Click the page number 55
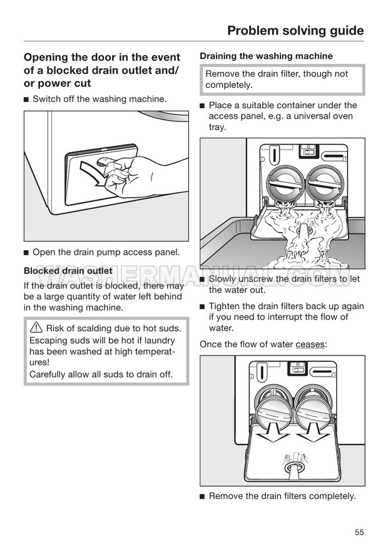[x=359, y=532]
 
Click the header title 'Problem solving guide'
[x=295, y=30]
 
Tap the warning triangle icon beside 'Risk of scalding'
[x=36, y=328]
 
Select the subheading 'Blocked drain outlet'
[x=68, y=271]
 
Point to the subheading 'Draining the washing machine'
[x=266, y=56]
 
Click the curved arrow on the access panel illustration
[x=93, y=176]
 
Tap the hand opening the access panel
[x=131, y=175]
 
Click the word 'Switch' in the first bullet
[x=47, y=99]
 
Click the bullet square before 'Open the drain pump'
[x=26, y=253]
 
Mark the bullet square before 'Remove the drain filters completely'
[x=202, y=497]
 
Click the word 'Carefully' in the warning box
[x=51, y=375]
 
